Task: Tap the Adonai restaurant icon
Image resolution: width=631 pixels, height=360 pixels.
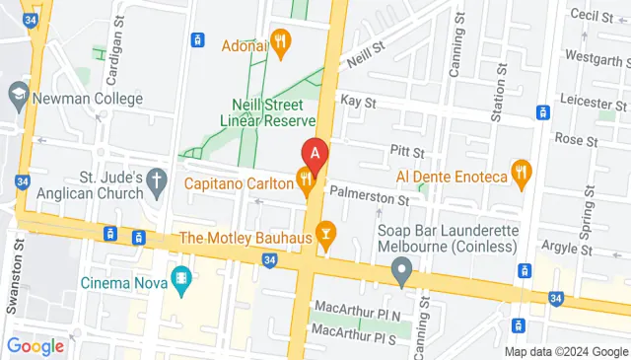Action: (282, 40)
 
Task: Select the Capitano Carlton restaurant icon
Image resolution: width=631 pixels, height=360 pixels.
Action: (307, 180)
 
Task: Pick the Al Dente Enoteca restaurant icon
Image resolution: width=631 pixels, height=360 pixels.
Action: (522, 175)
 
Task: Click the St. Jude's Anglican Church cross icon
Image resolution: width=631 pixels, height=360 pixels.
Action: (157, 180)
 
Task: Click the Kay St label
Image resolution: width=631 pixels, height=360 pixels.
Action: (358, 102)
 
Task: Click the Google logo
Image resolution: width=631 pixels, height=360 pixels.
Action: (35, 345)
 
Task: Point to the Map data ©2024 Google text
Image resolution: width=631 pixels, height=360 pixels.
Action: (565, 352)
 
